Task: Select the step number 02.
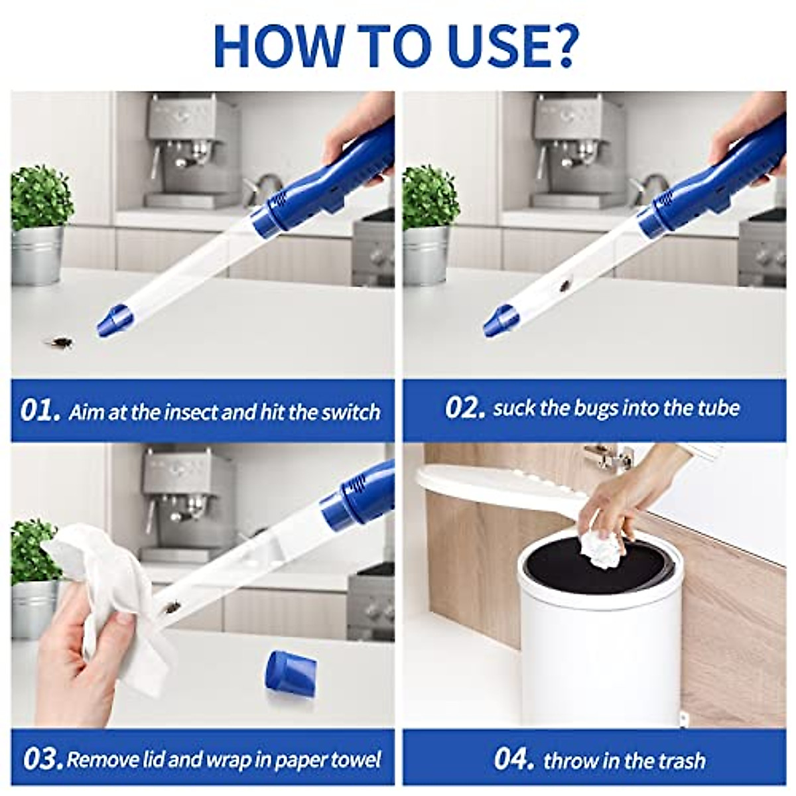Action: [x=465, y=407]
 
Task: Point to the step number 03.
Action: [x=42, y=759]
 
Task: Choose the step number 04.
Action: [x=514, y=759]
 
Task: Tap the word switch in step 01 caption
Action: [x=351, y=412]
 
